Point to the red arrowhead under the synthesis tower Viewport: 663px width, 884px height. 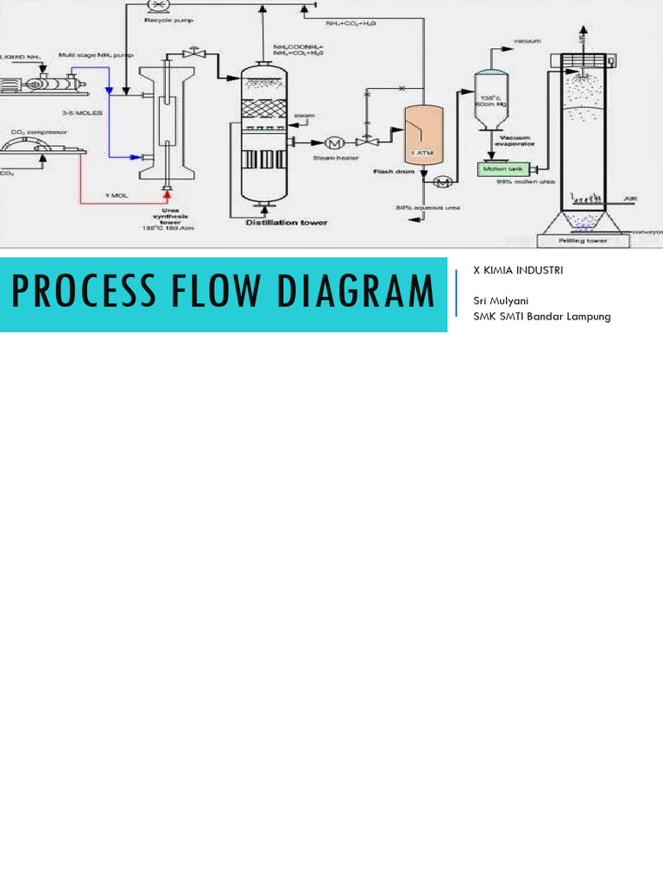pos(167,186)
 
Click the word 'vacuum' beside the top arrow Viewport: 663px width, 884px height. pos(526,41)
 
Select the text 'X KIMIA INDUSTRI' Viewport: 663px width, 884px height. pos(517,270)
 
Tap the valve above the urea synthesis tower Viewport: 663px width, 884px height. pos(198,53)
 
